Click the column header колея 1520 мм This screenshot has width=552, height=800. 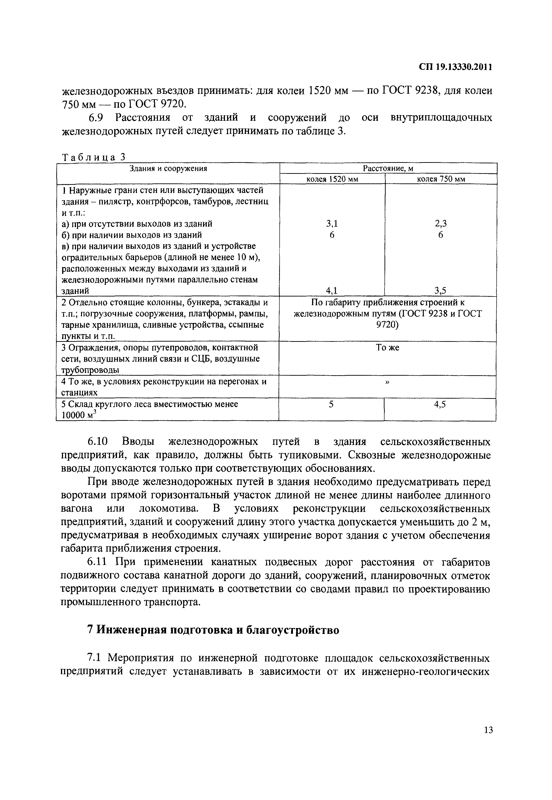pos(332,179)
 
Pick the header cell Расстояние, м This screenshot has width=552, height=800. pos(388,168)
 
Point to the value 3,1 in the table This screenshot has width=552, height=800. pos(332,224)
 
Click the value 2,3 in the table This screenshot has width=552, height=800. pos(440,224)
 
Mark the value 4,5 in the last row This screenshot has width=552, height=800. pos(440,404)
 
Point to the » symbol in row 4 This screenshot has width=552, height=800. pos(387,382)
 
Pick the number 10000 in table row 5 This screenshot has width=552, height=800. pos(73,415)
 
